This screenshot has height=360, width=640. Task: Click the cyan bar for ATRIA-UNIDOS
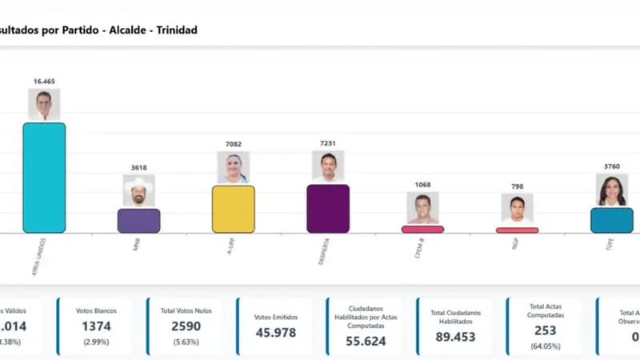pyautogui.click(x=44, y=178)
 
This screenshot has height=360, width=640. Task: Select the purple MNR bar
pyautogui.click(x=138, y=221)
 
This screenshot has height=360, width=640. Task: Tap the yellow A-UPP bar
pyautogui.click(x=233, y=209)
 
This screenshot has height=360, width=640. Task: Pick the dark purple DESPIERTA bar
pyautogui.click(x=328, y=208)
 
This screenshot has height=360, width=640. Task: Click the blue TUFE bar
pyautogui.click(x=612, y=220)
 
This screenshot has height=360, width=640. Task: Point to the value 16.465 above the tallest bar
pyautogui.click(x=44, y=82)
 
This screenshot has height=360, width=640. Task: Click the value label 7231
pyautogui.click(x=328, y=143)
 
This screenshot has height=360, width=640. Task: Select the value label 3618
pyautogui.click(x=138, y=168)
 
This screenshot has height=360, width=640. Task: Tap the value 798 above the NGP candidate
pyautogui.click(x=517, y=186)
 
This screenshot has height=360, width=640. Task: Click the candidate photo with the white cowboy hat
pyautogui.click(x=138, y=191)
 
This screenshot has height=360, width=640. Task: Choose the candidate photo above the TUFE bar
pyautogui.click(x=612, y=190)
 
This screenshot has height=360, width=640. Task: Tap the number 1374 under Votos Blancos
pyautogui.click(x=95, y=326)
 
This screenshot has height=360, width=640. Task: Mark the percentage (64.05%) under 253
pyautogui.click(x=546, y=346)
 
